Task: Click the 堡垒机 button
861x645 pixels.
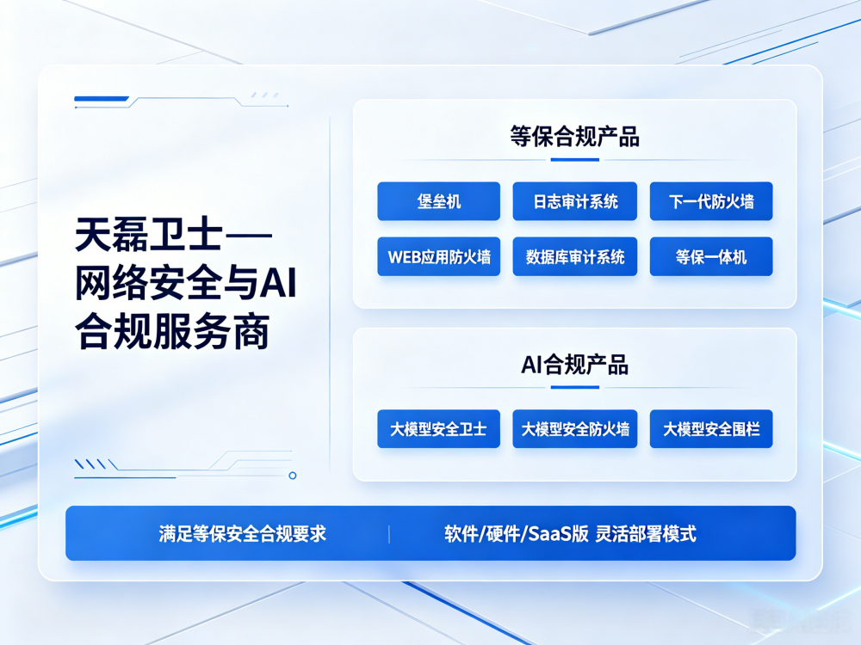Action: (439, 201)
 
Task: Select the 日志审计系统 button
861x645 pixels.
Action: (575, 201)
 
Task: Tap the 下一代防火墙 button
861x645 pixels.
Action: (711, 201)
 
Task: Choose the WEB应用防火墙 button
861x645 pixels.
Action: (439, 256)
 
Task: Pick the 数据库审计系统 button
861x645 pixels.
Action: (575, 256)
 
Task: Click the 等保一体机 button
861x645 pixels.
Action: (711, 256)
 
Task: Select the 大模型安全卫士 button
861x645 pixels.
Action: (439, 429)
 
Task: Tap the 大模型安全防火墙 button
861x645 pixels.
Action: (575, 429)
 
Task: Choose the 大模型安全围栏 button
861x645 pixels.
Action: (711, 429)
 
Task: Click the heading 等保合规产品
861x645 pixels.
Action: (575, 137)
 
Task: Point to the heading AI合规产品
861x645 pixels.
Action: (575, 364)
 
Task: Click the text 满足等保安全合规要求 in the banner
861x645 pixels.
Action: (242, 534)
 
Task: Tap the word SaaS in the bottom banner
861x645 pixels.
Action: (551, 534)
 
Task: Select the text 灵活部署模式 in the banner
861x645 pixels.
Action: (646, 534)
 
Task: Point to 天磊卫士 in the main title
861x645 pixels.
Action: (149, 235)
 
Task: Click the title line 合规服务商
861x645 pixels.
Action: (172, 331)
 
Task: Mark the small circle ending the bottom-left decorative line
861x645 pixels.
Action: (293, 476)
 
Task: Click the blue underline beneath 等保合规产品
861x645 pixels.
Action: (575, 160)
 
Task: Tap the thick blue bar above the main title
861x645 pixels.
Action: (101, 99)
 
